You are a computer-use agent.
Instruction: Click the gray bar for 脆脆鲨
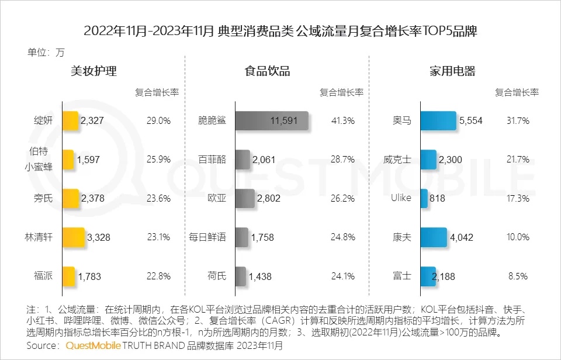272,121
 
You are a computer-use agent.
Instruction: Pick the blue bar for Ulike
424,198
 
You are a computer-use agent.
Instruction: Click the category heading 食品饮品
267,72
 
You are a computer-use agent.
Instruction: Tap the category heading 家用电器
452,72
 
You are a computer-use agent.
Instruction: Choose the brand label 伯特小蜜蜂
41,159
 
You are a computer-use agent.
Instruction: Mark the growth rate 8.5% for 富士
518,276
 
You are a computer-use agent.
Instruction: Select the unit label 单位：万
46,53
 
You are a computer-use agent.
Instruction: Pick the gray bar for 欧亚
245,198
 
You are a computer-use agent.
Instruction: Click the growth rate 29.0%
158,121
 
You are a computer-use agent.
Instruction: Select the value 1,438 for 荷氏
261,276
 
